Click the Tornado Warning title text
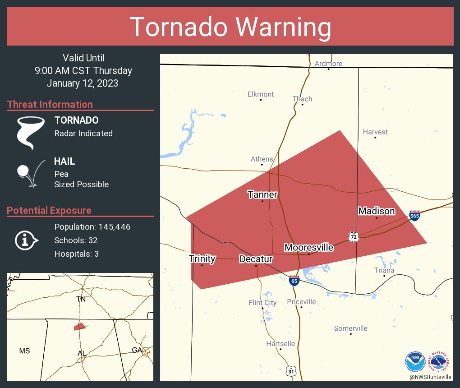pyautogui.click(x=230, y=27)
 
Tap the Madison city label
pyautogui.click(x=377, y=211)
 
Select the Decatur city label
pyautogui.click(x=256, y=259)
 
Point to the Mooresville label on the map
pyautogui.click(x=308, y=248)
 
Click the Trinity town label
pyautogui.click(x=202, y=259)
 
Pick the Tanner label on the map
pyautogui.click(x=262, y=194)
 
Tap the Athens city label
pyautogui.click(x=262, y=159)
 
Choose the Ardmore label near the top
pyautogui.click(x=328, y=64)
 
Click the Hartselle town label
pyautogui.click(x=281, y=344)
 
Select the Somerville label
pyautogui.click(x=350, y=328)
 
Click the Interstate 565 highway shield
pyautogui.click(x=415, y=216)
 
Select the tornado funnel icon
pyautogui.click(x=30, y=133)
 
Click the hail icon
pyautogui.click(x=30, y=173)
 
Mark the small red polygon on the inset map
pyautogui.click(x=79, y=326)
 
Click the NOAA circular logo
pyautogui.click(x=415, y=361)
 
